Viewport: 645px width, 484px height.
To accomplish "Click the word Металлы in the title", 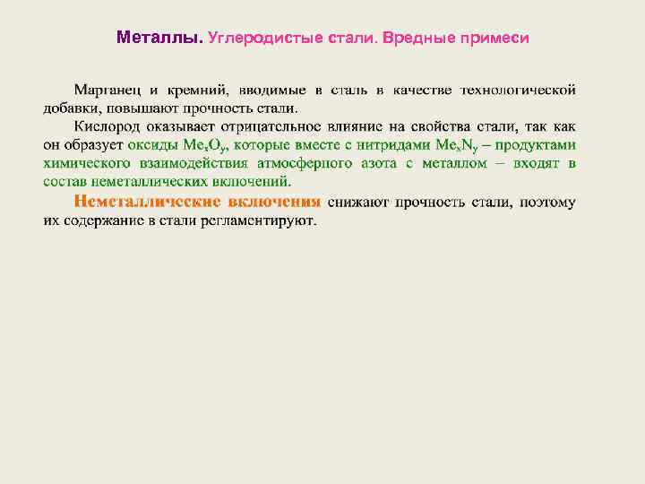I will (x=159, y=39).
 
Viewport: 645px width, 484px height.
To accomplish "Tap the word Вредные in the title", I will (x=419, y=39).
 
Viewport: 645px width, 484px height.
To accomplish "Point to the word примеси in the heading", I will (x=494, y=39).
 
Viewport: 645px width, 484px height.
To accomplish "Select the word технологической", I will (x=518, y=90).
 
